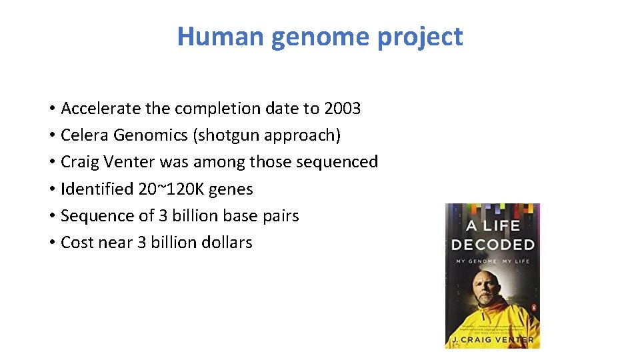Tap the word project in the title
(420, 37)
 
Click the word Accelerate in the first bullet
(98, 108)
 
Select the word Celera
(85, 135)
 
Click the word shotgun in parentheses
(227, 135)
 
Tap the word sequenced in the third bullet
(341, 162)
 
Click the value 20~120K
(171, 189)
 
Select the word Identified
(97, 189)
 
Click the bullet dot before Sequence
(51, 216)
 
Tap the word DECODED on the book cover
(493, 245)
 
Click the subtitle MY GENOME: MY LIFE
(493, 261)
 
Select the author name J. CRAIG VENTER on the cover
(493, 340)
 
